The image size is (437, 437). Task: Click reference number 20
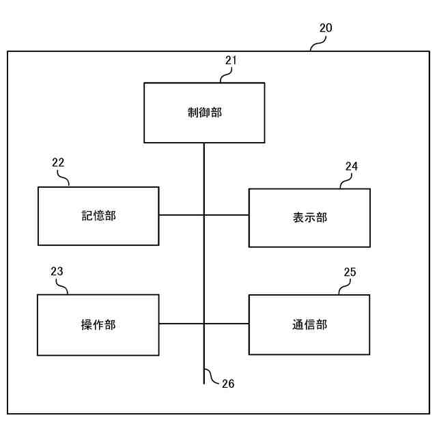[x=326, y=29]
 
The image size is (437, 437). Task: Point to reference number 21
[x=231, y=60]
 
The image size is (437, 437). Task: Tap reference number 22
[x=58, y=163]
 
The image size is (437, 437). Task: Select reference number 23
[x=57, y=272]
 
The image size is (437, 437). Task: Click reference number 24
[x=351, y=166]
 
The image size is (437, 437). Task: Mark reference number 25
[x=350, y=272]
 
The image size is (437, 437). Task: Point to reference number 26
[x=228, y=384]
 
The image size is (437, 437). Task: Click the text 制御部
[x=204, y=113]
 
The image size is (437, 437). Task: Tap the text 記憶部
[x=98, y=216]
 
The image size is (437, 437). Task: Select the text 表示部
[x=309, y=218]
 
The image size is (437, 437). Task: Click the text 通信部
[x=309, y=325]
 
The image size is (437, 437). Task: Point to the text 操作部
[x=98, y=325]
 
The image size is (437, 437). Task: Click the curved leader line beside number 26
[x=212, y=376]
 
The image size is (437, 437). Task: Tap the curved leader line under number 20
[x=318, y=44]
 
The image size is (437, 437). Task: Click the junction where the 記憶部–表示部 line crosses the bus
[x=204, y=215]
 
